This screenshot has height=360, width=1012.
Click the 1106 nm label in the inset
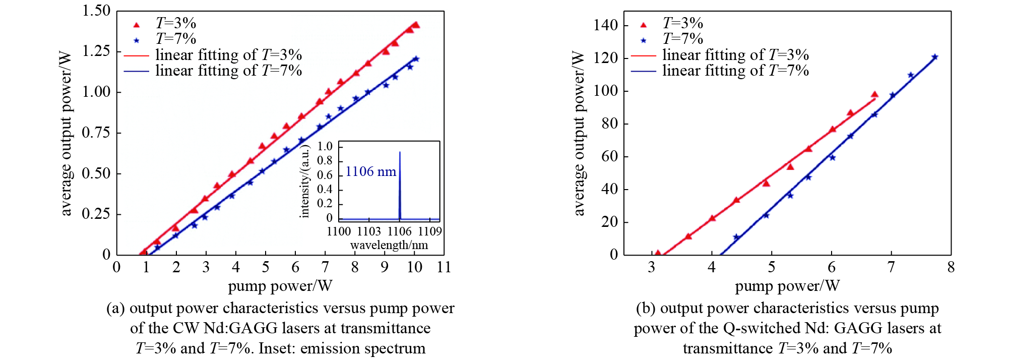[x=370, y=172]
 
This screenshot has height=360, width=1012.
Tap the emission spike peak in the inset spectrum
[x=400, y=152]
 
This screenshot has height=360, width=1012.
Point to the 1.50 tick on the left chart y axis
[x=96, y=11]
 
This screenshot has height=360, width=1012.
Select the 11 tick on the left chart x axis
[x=444, y=267]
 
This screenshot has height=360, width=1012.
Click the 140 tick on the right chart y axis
[x=605, y=25]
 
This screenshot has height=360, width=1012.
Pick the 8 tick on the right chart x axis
[x=951, y=267]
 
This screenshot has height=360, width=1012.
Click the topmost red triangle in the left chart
[x=416, y=25]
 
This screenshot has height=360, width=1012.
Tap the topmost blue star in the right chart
[x=934, y=57]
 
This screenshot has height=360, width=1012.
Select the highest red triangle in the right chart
[x=874, y=94]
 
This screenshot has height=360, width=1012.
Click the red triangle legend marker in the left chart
[x=136, y=24]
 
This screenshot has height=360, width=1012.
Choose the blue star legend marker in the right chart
[x=643, y=40]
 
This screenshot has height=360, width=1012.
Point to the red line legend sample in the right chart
[x=643, y=55]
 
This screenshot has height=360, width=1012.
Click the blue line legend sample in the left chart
[x=136, y=71]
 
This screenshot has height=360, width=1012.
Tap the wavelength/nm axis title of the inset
[x=389, y=246]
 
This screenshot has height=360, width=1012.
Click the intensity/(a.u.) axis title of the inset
[x=304, y=182]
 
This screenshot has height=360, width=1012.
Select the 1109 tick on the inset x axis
[x=430, y=231]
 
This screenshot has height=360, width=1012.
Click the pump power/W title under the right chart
[x=787, y=286]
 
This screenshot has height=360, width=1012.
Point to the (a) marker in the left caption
[x=115, y=309]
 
